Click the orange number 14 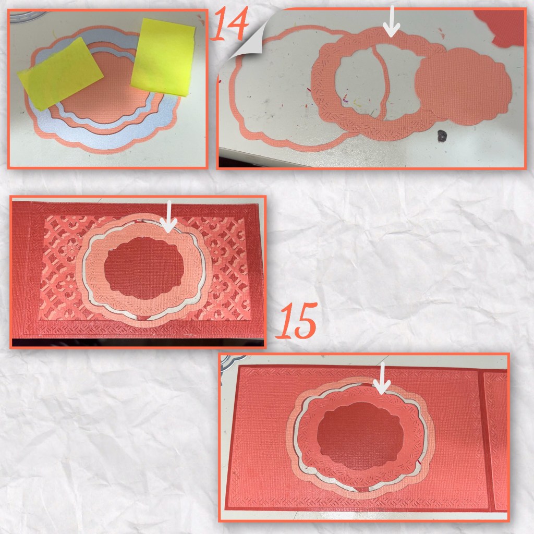coord(230,23)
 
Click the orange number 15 coord(297,321)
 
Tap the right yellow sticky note coord(163,57)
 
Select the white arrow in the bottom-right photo coord(382,378)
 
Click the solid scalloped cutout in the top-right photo coord(464,86)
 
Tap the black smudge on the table coord(442,135)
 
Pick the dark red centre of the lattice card coord(144,268)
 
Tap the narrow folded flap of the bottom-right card coord(495,439)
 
